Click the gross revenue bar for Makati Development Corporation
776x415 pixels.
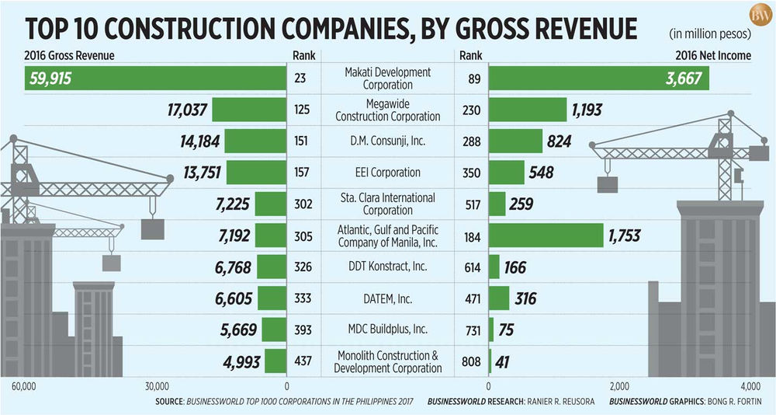(155, 78)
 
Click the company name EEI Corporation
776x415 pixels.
(388, 173)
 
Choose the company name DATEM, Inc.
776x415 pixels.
(388, 298)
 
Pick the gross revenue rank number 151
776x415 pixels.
(303, 141)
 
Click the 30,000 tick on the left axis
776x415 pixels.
(156, 386)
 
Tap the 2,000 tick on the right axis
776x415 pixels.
(618, 386)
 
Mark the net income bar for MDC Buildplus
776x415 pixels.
(491, 330)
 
